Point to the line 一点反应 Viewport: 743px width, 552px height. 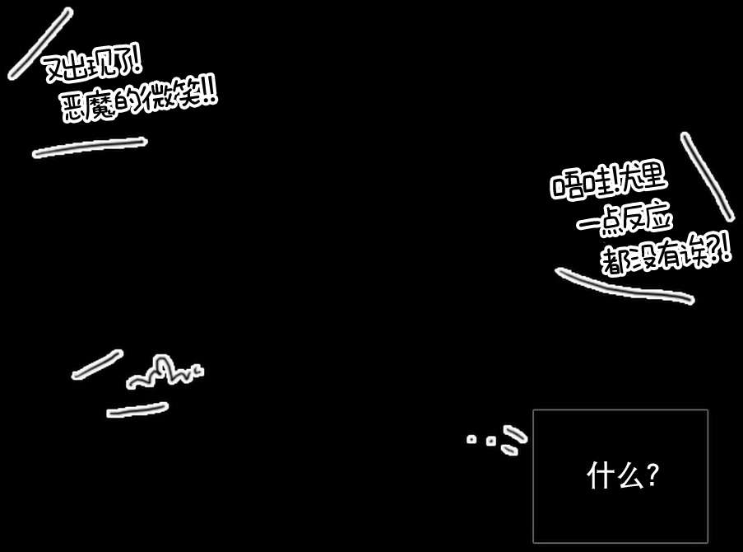[625, 221]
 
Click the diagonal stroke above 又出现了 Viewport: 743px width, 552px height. [39, 44]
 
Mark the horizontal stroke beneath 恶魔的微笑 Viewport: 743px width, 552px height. [89, 147]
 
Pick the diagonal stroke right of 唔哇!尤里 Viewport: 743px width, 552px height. [707, 176]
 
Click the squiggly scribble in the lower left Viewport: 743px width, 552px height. [163, 372]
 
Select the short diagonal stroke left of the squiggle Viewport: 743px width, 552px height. [97, 364]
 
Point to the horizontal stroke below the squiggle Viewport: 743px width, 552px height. [137, 409]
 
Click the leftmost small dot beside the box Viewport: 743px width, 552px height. [471, 439]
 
